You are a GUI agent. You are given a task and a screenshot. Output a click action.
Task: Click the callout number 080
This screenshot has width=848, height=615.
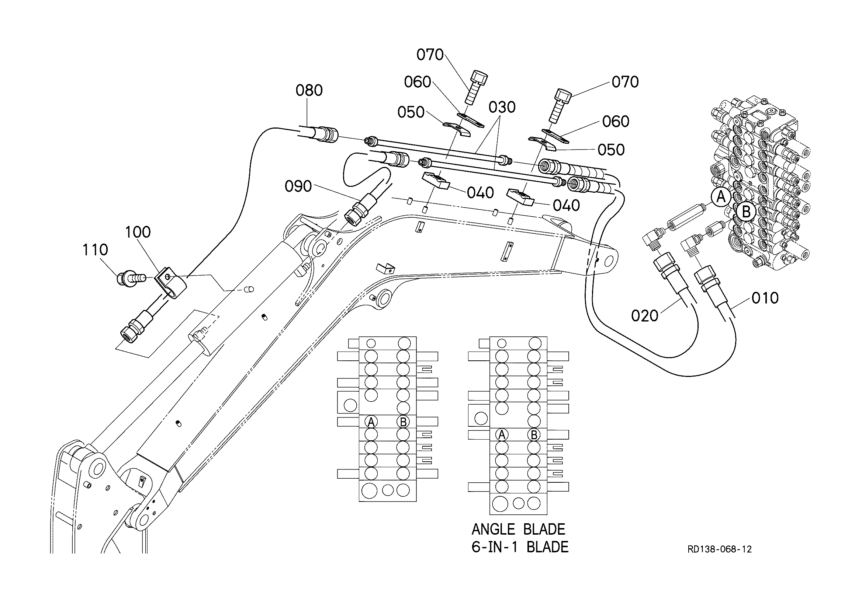[309, 90]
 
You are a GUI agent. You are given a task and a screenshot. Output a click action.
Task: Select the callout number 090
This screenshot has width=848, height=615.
[298, 186]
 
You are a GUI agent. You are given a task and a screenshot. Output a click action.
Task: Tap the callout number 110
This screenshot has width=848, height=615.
[95, 249]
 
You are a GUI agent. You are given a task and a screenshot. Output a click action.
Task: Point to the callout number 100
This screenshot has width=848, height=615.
[138, 232]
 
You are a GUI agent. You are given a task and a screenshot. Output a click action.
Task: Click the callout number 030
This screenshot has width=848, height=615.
[502, 108]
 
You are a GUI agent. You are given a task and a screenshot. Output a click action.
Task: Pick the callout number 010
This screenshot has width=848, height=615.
[765, 298]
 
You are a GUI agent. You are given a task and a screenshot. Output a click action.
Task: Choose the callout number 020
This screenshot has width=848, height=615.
[645, 316]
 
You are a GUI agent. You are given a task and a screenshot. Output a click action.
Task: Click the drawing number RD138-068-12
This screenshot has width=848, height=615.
[720, 549]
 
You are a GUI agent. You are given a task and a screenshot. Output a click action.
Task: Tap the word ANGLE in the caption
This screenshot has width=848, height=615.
[492, 530]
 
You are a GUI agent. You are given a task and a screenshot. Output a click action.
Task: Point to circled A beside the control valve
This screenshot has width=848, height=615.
[721, 197]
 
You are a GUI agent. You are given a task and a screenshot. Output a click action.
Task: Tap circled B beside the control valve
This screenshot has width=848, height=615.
[746, 212]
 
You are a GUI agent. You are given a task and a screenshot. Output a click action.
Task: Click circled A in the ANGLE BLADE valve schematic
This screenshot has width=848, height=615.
[502, 435]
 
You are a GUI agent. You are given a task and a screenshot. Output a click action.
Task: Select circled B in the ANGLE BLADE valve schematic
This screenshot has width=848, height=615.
[534, 435]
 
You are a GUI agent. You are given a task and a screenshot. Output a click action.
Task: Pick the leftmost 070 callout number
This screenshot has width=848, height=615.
[430, 55]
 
